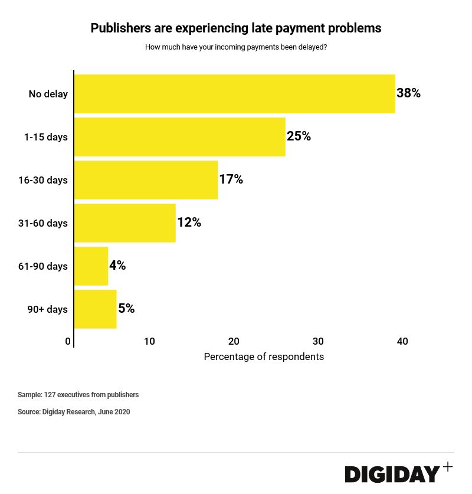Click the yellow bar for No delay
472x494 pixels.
coord(234,94)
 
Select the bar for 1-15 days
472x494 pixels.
coord(179,137)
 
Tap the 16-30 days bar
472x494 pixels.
coord(146,180)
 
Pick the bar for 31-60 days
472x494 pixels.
coord(124,223)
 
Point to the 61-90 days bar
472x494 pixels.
coord(91,266)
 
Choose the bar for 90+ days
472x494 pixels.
coord(95,309)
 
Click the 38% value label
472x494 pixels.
coord(408,93)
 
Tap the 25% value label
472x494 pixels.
coord(299,136)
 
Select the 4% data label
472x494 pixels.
coord(117,266)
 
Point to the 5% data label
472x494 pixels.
coord(126,309)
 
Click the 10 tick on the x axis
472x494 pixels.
coord(149,341)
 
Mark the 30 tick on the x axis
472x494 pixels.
coord(318,341)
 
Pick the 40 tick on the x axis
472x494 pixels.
coord(402,341)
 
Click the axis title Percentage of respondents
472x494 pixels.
coord(264,356)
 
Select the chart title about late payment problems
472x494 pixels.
coord(236,28)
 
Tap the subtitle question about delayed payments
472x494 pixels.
coord(236,47)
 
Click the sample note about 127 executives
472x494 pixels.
coord(78,395)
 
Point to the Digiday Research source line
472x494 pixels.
coord(74,412)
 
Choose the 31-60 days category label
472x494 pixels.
coord(43,223)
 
